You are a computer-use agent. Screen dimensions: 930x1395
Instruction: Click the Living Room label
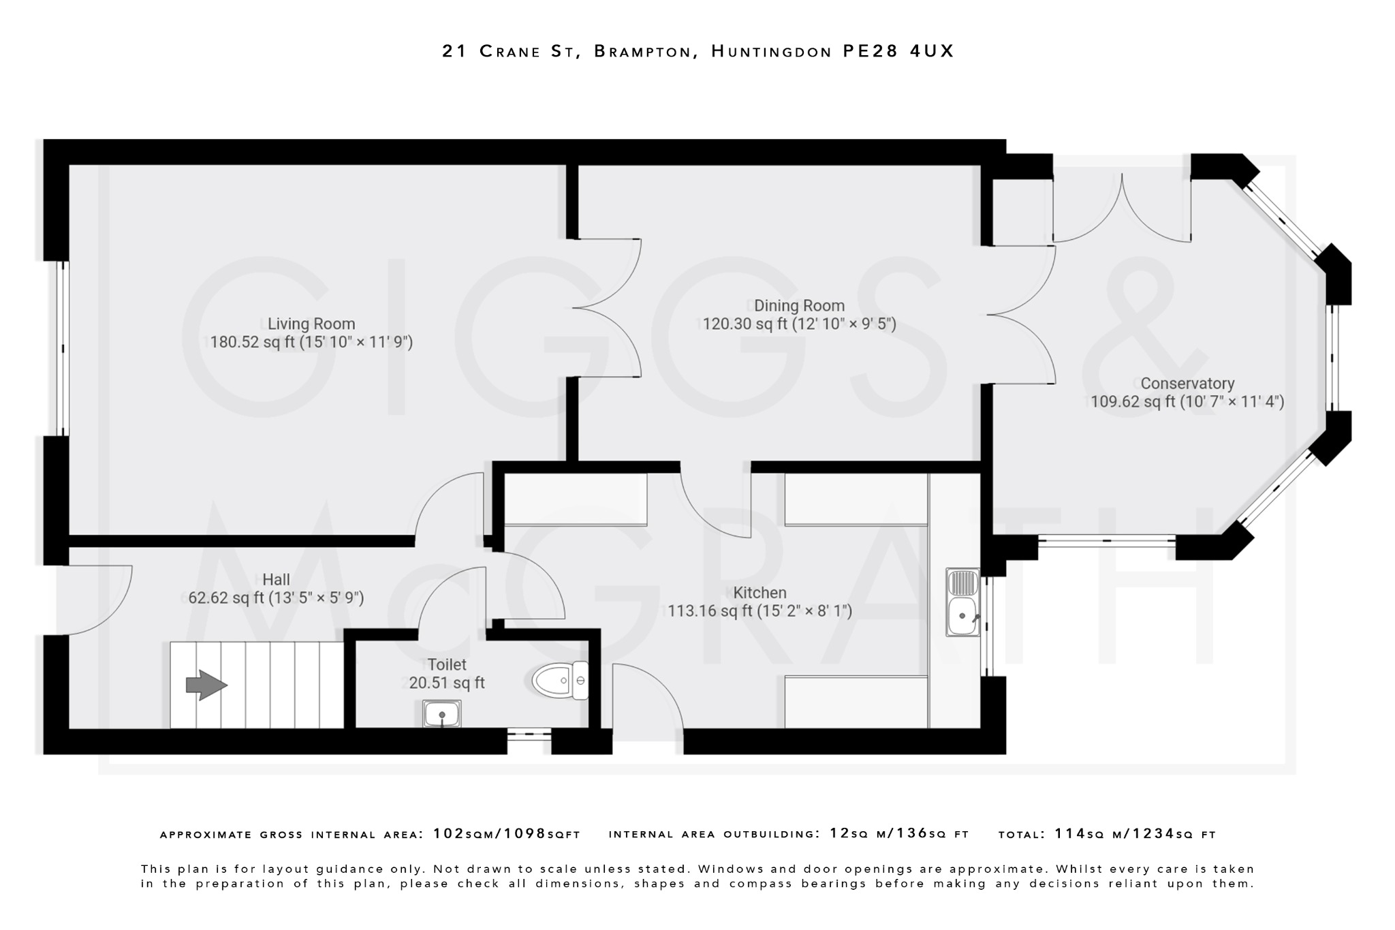pos(311,324)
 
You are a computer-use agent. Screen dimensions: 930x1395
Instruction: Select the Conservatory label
pos(1187,384)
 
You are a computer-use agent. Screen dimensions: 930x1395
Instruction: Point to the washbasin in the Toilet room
pos(441,714)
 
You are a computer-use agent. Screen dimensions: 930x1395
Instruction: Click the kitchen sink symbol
pos(962,602)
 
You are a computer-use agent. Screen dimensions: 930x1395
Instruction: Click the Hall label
pos(276,580)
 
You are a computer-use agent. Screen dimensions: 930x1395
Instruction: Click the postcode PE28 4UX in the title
pos(898,51)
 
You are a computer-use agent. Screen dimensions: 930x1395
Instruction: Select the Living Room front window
pos(63,348)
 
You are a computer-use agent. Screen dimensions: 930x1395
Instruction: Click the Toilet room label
pos(447,664)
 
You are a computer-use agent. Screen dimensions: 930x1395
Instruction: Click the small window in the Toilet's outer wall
pos(529,734)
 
